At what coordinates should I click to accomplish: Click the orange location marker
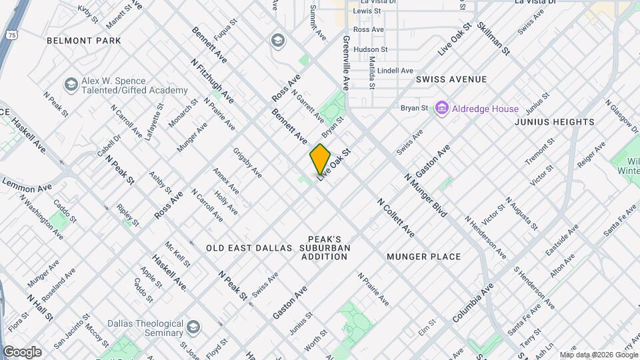(x=320, y=159)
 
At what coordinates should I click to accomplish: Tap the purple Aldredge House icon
(x=441, y=107)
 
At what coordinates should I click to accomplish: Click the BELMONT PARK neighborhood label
(x=84, y=41)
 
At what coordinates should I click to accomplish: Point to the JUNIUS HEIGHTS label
(x=555, y=122)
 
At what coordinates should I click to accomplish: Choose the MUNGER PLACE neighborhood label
(x=423, y=257)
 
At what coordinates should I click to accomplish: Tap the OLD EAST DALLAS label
(x=249, y=248)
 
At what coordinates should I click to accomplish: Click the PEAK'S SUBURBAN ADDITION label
(x=325, y=247)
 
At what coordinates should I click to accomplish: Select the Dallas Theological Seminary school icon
(x=193, y=327)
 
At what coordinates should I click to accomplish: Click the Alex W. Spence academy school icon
(x=71, y=85)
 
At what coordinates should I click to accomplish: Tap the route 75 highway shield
(x=12, y=33)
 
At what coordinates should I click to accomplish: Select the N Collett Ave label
(x=395, y=217)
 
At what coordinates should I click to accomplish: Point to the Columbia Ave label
(x=473, y=301)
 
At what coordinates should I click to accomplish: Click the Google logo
(x=22, y=352)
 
